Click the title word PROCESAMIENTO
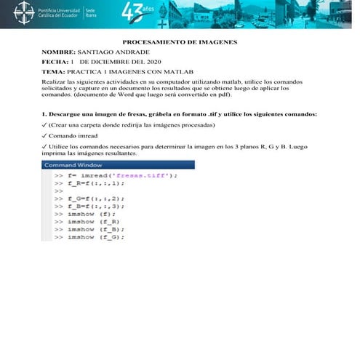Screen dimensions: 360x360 point(153,44)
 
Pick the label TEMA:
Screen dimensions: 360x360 point(53,73)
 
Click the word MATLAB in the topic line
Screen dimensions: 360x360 point(179,73)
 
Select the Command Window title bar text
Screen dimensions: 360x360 point(73,165)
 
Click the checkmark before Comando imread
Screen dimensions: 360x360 point(44,135)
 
